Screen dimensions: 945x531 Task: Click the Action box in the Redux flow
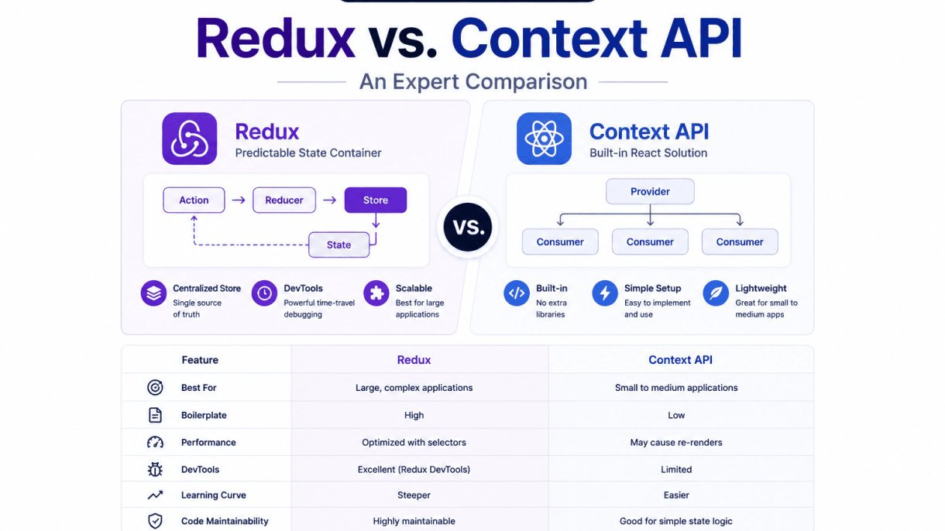point(194,200)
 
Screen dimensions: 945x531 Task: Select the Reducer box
point(284,200)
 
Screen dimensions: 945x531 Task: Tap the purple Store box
point(376,200)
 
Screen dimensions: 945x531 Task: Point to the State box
point(338,245)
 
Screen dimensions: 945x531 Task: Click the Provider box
point(650,191)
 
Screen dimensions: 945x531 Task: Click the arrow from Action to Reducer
point(239,200)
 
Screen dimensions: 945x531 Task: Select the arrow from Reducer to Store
point(329,200)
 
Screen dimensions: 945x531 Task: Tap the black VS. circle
point(467,227)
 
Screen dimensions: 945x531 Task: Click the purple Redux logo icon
point(190,139)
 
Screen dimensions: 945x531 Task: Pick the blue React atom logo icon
point(544,139)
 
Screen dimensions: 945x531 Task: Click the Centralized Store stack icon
point(153,293)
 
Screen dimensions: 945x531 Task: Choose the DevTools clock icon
point(264,293)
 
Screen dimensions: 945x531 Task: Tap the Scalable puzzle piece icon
point(376,293)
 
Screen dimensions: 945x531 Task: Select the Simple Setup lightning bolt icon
point(605,293)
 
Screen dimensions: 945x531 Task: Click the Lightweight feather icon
point(716,293)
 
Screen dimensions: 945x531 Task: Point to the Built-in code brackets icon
point(517,293)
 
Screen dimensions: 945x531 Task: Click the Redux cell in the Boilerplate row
point(414,415)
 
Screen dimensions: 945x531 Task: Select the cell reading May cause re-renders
point(676,442)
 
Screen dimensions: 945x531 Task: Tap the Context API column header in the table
point(680,359)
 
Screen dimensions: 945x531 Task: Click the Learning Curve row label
point(214,495)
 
